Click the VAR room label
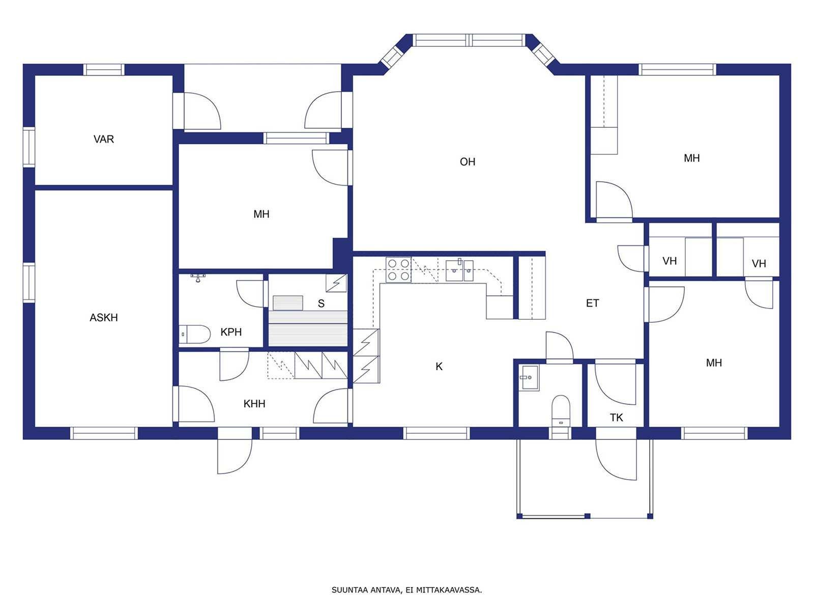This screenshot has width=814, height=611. tap(103, 139)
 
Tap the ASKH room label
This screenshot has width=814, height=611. tap(103, 318)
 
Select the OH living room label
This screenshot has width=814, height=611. tap(467, 162)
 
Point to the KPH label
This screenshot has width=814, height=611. tap(230, 332)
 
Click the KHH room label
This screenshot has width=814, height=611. tap(254, 404)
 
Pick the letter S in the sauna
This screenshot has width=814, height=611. tap(321, 303)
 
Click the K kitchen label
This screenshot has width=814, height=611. tap(439, 367)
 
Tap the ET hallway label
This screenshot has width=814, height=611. tap(592, 303)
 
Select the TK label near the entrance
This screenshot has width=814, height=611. tap(616, 418)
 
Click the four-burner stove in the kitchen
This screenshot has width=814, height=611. tap(398, 270)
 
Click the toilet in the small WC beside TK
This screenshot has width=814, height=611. tap(560, 411)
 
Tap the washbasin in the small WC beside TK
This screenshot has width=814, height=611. tap(530, 378)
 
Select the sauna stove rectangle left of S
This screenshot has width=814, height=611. tap(288, 303)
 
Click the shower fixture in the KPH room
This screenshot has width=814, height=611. tap(198, 277)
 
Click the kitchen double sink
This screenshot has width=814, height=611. tap(459, 270)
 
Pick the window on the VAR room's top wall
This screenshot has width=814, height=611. tap(103, 70)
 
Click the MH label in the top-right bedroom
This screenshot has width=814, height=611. tap(691, 158)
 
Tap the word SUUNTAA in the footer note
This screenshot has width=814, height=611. tap(348, 590)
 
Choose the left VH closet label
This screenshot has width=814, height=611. tap(670, 261)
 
